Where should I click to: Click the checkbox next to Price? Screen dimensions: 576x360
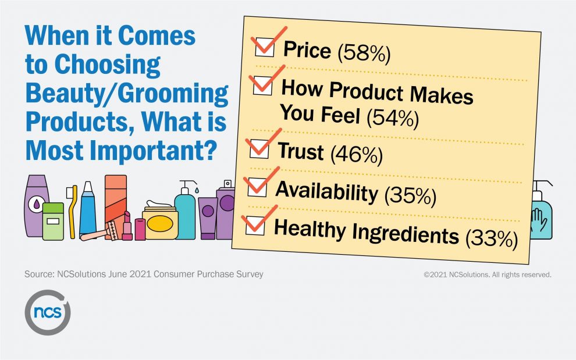(x=265, y=47)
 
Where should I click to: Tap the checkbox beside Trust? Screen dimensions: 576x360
(x=259, y=149)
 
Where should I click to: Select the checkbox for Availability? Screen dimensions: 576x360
(x=257, y=187)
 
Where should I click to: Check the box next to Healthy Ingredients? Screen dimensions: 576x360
(x=255, y=225)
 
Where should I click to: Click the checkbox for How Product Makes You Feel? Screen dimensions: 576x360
(x=262, y=85)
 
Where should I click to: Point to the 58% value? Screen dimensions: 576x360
(x=364, y=53)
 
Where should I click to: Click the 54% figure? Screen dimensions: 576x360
(x=393, y=118)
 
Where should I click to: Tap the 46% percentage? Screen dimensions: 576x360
(x=356, y=154)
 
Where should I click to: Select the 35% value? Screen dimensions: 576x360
(x=410, y=195)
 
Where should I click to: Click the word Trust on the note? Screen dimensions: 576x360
(x=301, y=151)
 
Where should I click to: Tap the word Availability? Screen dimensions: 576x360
(x=326, y=191)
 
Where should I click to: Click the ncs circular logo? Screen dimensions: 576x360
(x=48, y=312)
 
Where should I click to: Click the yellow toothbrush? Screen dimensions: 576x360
(x=72, y=212)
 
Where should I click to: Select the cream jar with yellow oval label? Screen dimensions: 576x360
(x=160, y=220)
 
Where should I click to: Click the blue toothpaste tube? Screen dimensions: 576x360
(x=88, y=209)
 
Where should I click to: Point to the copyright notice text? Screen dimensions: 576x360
(x=488, y=275)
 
